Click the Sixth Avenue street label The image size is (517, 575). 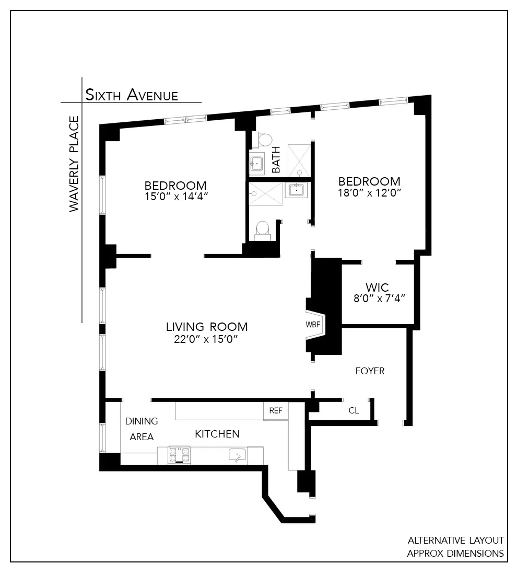[x=132, y=95]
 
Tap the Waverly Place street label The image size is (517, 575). [x=74, y=164]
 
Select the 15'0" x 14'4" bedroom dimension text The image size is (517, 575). [x=175, y=197]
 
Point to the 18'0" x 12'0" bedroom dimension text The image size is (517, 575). [x=369, y=192]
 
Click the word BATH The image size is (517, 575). [x=276, y=159]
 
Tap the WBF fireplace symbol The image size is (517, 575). [x=313, y=324]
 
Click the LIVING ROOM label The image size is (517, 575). [x=207, y=327]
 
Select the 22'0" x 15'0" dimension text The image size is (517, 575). [x=206, y=339]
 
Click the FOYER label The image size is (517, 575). [x=370, y=371]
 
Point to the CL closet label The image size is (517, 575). [x=354, y=411]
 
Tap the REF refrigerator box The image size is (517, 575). [x=275, y=411]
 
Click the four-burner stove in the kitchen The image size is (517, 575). [x=180, y=455]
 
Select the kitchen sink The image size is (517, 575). [x=237, y=455]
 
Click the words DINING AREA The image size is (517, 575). [x=141, y=429]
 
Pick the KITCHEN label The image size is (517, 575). [x=217, y=434]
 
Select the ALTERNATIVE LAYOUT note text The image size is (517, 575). [x=455, y=540]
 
